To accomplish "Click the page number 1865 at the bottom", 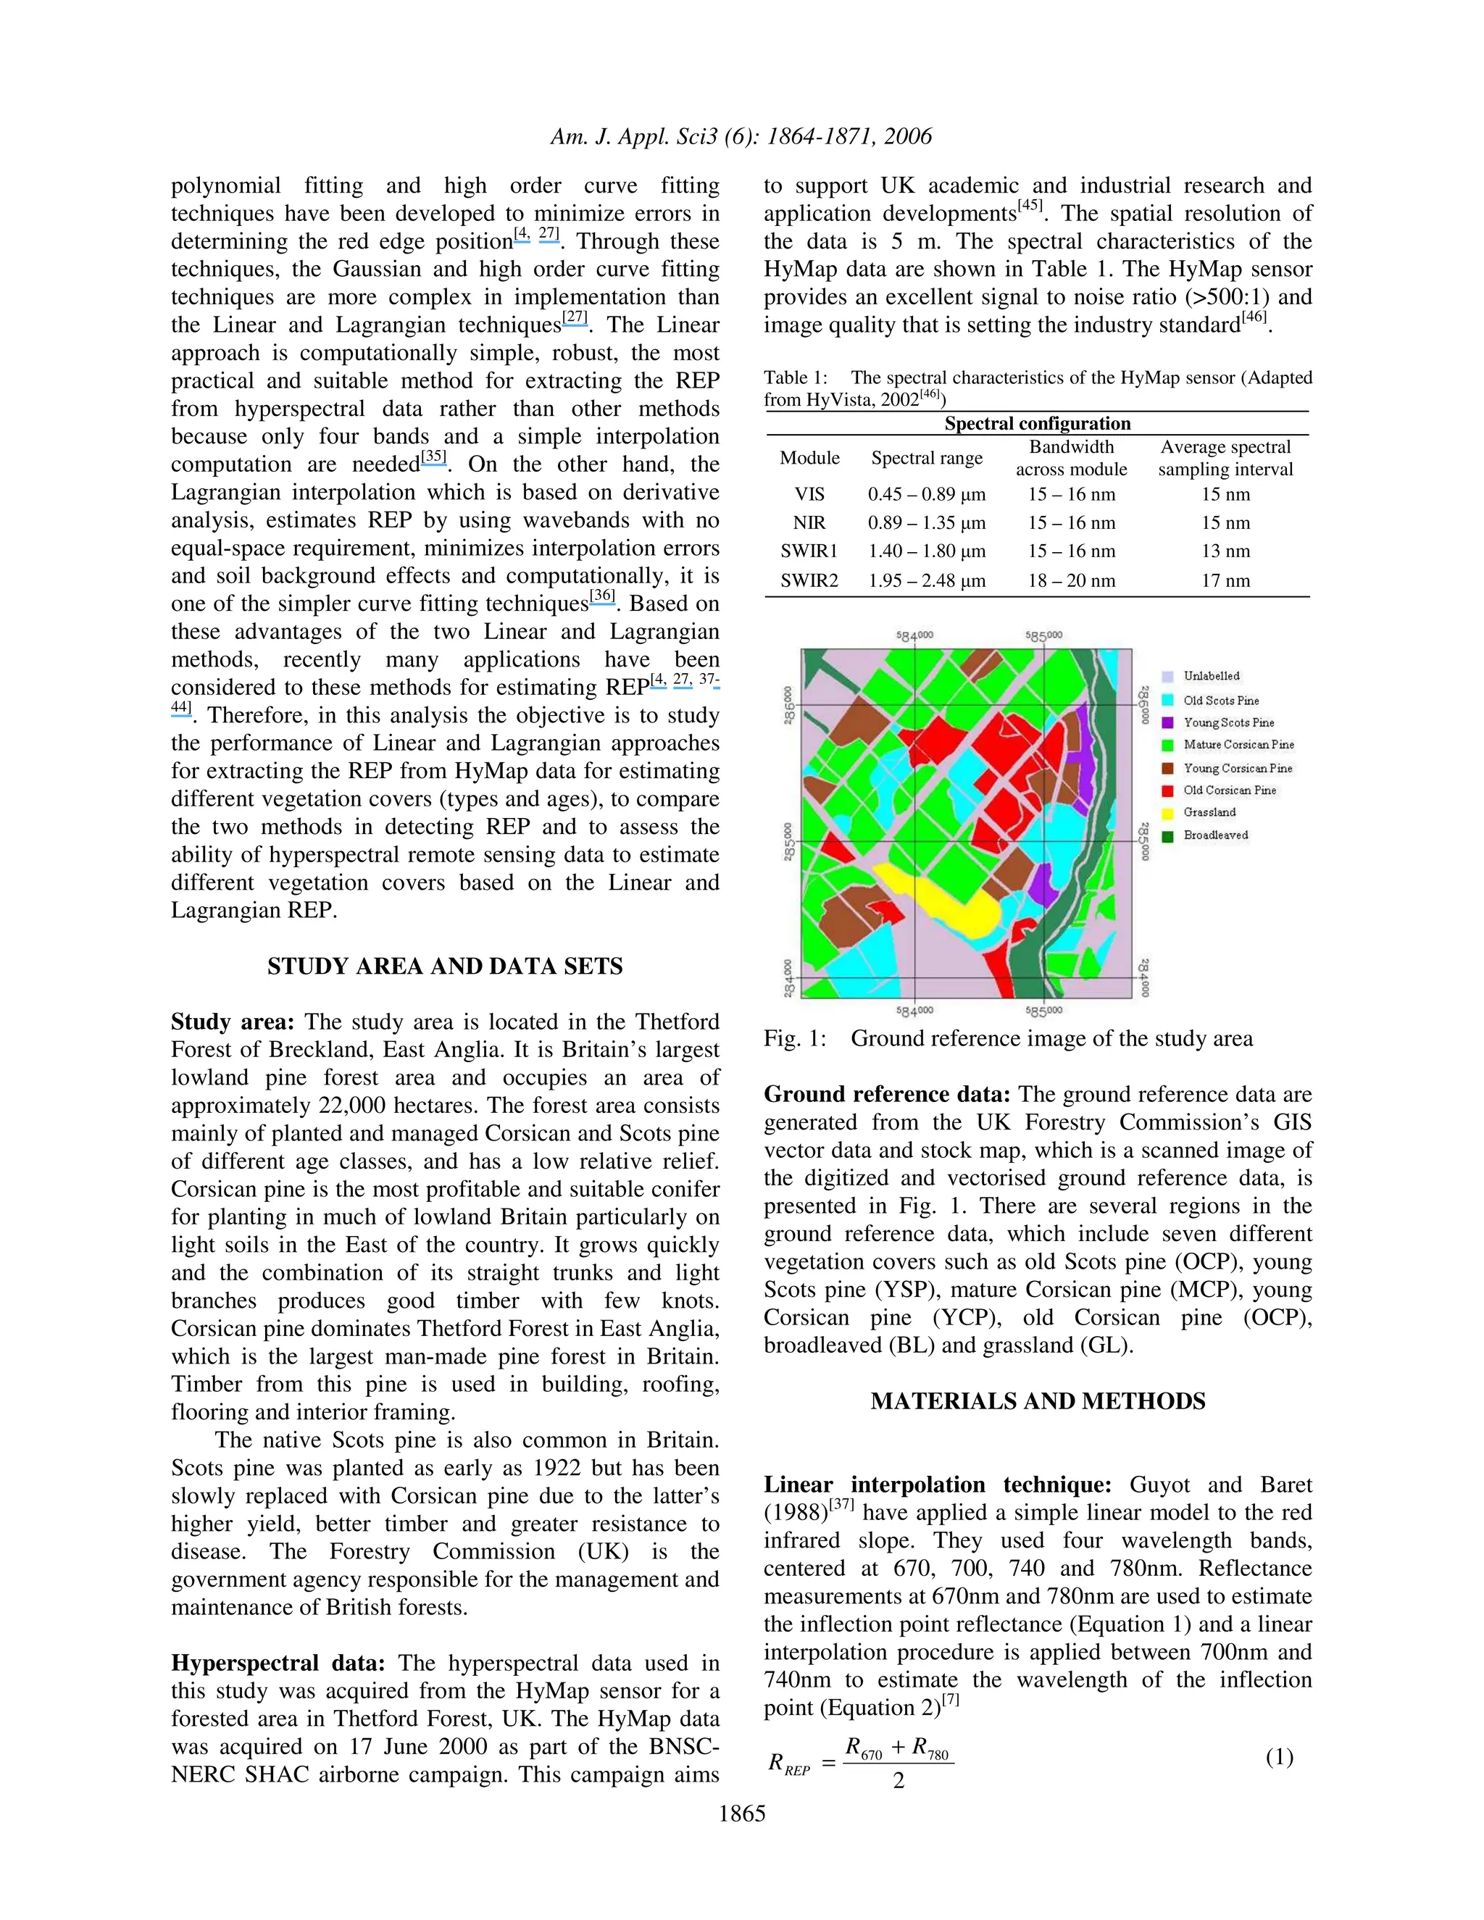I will [x=742, y=1813].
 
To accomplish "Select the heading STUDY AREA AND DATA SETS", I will [x=445, y=966].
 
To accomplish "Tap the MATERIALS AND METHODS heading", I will [x=1038, y=1401].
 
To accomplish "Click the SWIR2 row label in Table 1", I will [x=809, y=580].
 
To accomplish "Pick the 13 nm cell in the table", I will [x=1225, y=551].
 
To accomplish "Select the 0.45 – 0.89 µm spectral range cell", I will [x=927, y=494].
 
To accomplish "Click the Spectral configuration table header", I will [x=1038, y=424].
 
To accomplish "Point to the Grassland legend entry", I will [x=1209, y=812].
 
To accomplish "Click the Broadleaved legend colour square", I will [x=1167, y=836].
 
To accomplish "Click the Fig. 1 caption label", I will [x=795, y=1038].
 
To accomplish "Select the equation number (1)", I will [x=1279, y=1758].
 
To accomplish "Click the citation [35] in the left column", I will [x=433, y=457].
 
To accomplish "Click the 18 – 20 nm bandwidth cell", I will [x=1071, y=580].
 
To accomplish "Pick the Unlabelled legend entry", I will [x=1211, y=676].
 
